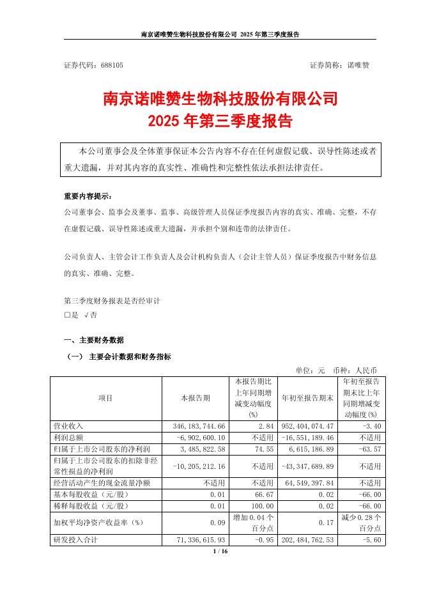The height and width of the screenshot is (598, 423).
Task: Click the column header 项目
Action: pyautogui.click(x=105, y=397)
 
